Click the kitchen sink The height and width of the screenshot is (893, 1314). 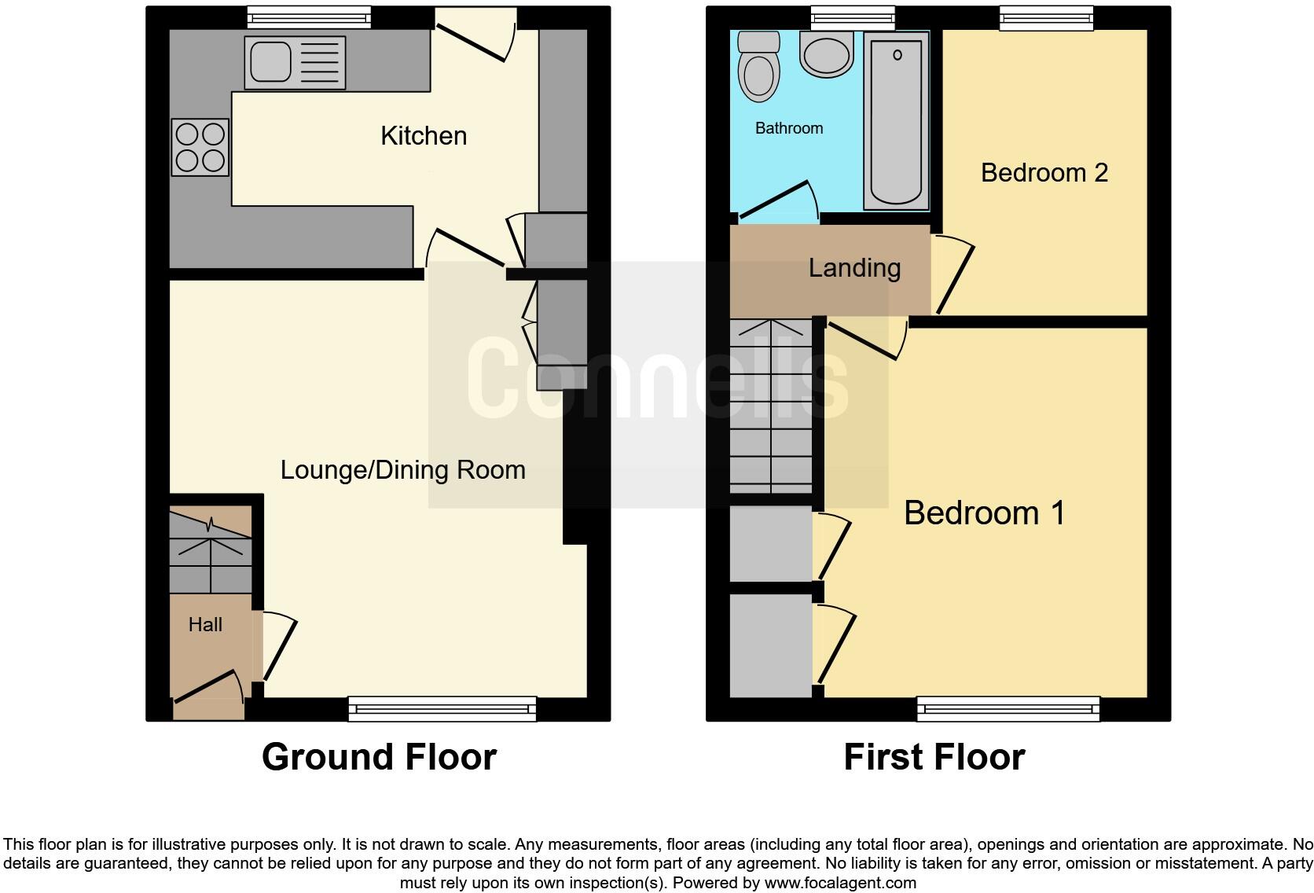[x=295, y=63]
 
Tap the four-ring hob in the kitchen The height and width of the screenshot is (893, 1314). [x=200, y=147]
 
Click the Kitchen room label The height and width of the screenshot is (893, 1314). [x=424, y=136]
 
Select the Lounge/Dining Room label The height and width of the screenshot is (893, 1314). [x=402, y=470]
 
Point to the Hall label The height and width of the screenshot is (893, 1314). [x=205, y=625]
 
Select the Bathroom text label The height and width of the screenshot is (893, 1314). [x=789, y=128]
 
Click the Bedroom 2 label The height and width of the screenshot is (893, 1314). [x=1044, y=173]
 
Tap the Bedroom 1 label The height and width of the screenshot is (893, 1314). [x=984, y=513]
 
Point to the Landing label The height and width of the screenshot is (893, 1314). [x=854, y=268]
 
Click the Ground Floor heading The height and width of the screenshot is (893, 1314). [x=379, y=757]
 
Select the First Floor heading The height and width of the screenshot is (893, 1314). [x=934, y=757]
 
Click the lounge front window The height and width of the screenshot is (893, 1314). [x=442, y=708]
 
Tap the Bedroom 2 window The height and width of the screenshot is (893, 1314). [x=1046, y=17]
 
